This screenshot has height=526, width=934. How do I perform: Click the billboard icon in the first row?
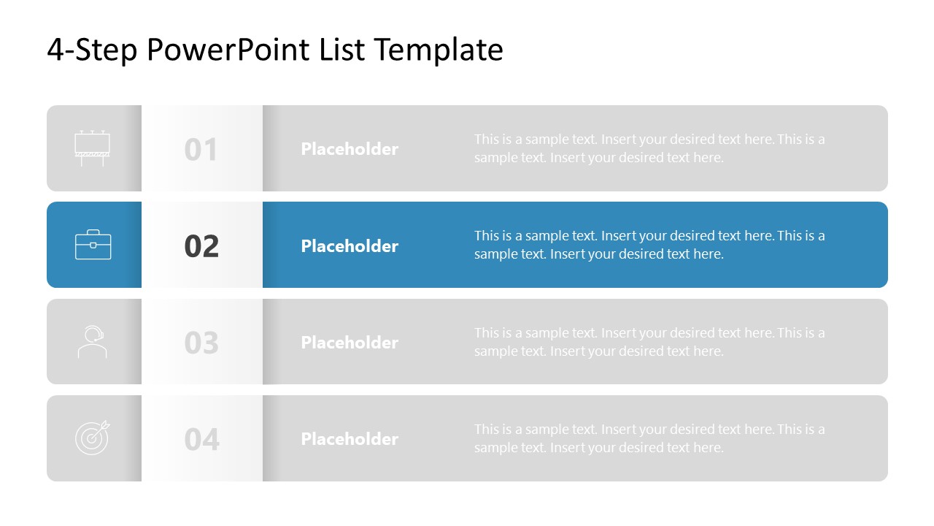click(93, 148)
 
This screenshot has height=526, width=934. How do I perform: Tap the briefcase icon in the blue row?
click(93, 245)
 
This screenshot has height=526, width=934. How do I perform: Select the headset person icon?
click(93, 342)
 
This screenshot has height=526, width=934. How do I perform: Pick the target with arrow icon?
click(93, 438)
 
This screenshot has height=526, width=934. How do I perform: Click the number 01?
click(201, 150)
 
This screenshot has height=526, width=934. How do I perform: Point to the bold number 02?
click(201, 246)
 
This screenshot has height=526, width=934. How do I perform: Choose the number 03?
click(201, 343)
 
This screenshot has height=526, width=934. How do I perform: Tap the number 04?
click(201, 439)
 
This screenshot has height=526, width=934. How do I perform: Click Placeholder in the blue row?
click(350, 245)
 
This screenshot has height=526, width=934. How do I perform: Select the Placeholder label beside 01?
click(350, 149)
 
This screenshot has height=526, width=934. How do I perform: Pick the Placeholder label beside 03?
click(350, 342)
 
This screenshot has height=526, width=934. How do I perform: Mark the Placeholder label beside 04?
click(350, 438)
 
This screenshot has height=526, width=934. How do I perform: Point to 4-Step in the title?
click(92, 50)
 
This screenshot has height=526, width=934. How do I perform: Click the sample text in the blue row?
click(649, 245)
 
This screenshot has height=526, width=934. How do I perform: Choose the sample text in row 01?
click(649, 148)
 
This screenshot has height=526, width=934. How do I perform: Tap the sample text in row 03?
click(649, 342)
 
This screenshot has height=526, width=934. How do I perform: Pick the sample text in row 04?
click(649, 438)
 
